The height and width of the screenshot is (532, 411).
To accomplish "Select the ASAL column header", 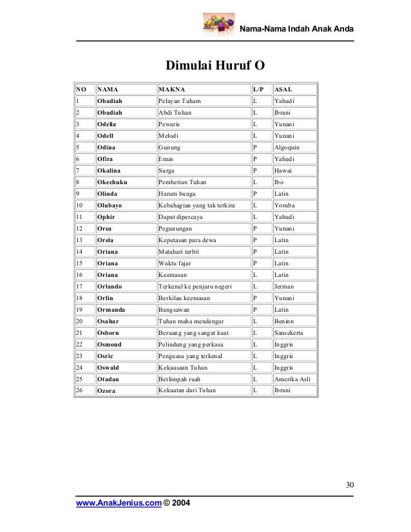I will click(x=283, y=90).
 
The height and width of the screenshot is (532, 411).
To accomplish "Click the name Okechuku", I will click(x=112, y=182).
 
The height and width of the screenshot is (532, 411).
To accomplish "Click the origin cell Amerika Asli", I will click(x=292, y=379).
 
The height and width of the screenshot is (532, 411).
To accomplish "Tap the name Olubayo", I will click(x=111, y=205).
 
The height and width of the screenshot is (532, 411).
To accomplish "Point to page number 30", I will click(x=349, y=485).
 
